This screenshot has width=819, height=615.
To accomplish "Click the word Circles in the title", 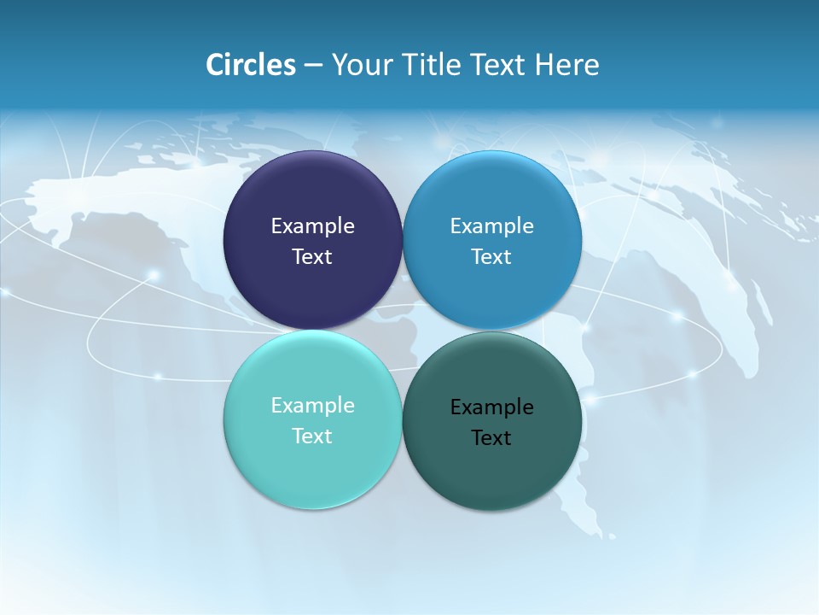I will pyautogui.click(x=250, y=65).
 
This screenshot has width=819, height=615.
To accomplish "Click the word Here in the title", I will pyautogui.click(x=566, y=65).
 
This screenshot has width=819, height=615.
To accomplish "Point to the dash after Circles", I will pyautogui.click(x=313, y=66).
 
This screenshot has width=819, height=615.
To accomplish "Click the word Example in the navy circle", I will pyautogui.click(x=312, y=226).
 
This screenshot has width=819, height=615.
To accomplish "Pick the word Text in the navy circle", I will pyautogui.click(x=312, y=257).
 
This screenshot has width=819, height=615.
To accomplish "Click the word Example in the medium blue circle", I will pyautogui.click(x=491, y=226).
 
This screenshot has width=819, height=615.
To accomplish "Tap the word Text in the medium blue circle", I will pyautogui.click(x=491, y=257).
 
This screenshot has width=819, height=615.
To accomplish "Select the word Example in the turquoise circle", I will pyautogui.click(x=312, y=406).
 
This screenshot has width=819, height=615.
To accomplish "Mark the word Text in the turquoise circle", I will pyautogui.click(x=312, y=436).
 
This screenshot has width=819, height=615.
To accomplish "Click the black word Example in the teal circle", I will pyautogui.click(x=491, y=407).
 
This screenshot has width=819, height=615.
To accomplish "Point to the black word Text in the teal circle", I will pyautogui.click(x=491, y=438).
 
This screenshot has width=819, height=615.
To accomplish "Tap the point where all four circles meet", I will pyautogui.click(x=403, y=330).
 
